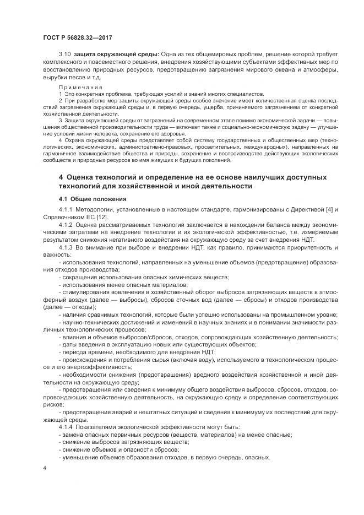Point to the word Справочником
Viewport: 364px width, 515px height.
(64, 218)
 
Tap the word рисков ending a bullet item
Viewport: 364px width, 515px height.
(53, 404)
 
